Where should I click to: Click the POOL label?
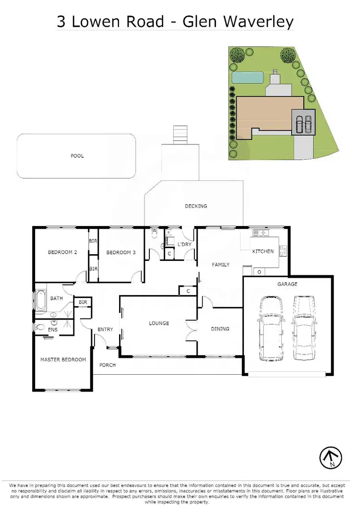(77, 156)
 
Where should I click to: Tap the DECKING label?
(196, 206)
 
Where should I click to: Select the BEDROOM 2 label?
(62, 252)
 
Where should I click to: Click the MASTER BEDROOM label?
(63, 360)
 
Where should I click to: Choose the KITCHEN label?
(263, 251)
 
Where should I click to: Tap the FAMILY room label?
(221, 265)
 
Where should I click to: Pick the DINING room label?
(220, 329)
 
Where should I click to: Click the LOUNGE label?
(159, 323)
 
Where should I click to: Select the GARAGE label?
(287, 284)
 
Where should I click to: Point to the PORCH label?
(108, 365)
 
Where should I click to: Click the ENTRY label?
(105, 330)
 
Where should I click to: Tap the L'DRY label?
(184, 245)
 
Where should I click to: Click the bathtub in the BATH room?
(40, 300)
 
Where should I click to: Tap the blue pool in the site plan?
(248, 77)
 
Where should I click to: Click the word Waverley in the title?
(261, 21)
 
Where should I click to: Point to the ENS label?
(53, 330)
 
